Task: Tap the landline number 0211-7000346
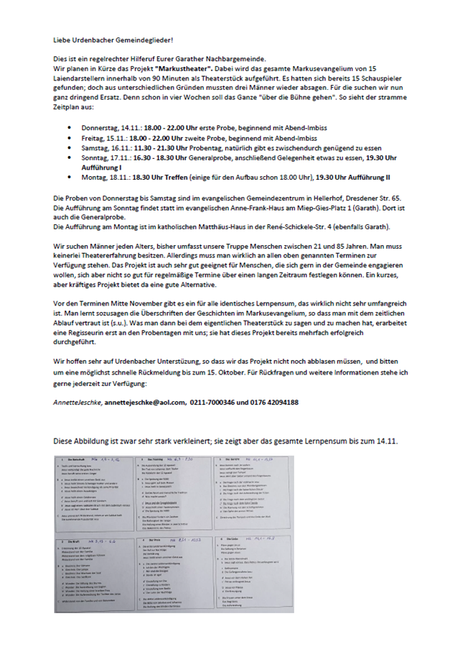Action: pyautogui.click(x=214, y=403)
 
